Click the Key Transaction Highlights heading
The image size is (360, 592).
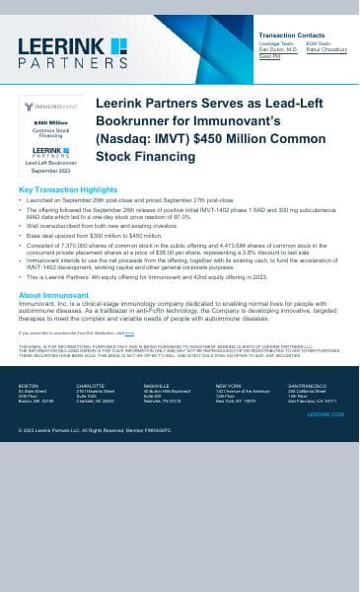click(x=68, y=188)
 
